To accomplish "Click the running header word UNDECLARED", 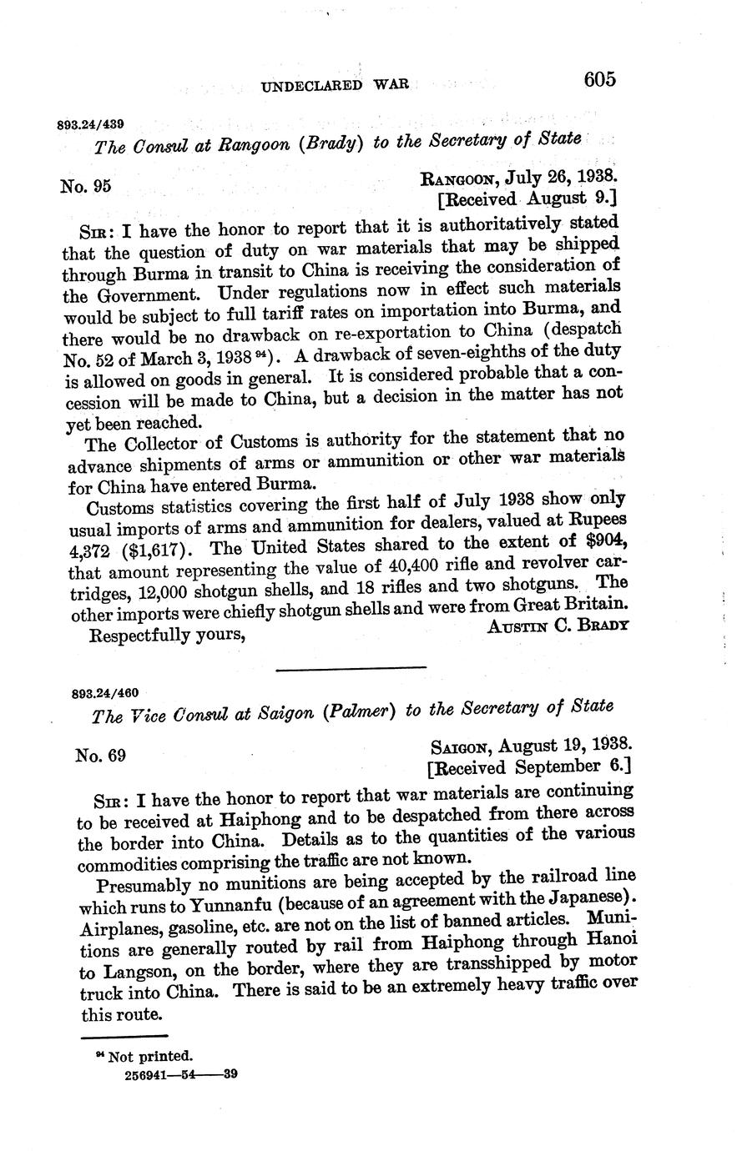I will (312, 85).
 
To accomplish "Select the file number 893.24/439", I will (91, 125).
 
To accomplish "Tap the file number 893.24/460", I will (105, 692).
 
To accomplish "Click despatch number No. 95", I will (86, 186).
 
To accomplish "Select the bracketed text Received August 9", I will (528, 199).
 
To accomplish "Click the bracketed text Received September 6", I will (528, 766).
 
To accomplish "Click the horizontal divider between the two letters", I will (351, 667).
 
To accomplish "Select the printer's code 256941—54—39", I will (181, 1074).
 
